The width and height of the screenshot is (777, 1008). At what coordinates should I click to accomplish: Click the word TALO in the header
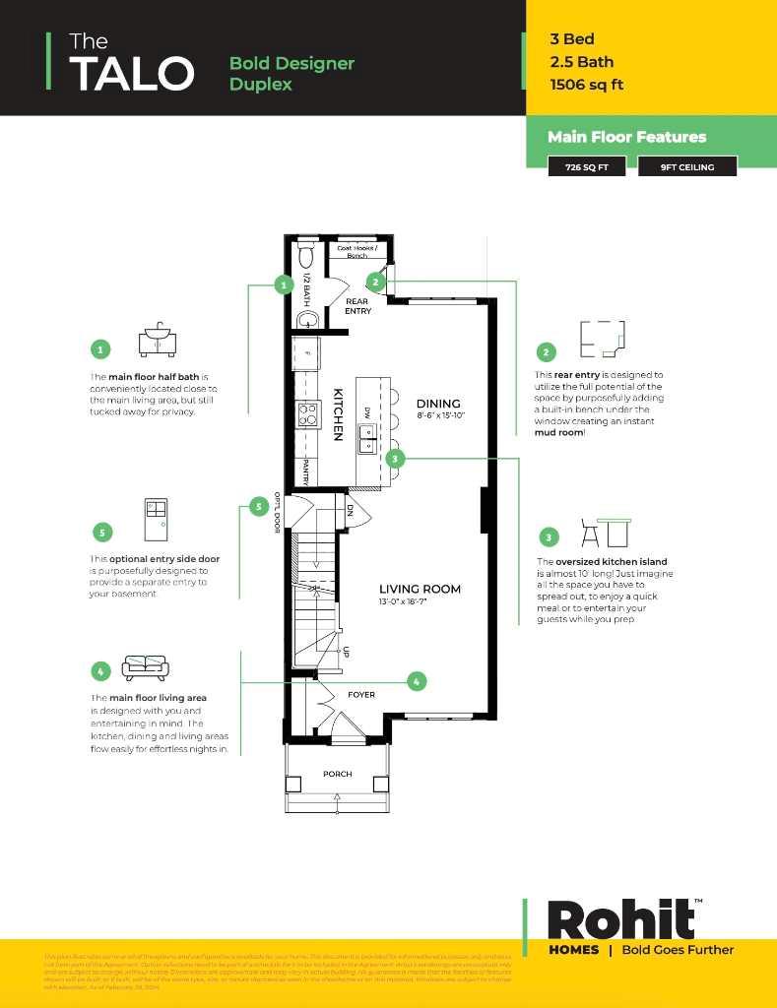point(132,74)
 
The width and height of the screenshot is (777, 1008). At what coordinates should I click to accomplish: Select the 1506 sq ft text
point(587,85)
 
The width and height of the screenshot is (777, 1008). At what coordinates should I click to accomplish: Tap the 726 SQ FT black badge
point(587,167)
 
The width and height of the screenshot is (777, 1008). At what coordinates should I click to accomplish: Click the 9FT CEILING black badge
point(700,167)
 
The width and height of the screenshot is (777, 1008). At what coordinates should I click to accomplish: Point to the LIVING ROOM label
point(420,590)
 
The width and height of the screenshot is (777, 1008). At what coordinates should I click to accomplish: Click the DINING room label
point(438,404)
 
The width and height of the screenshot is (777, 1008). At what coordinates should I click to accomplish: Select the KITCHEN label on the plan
point(337,413)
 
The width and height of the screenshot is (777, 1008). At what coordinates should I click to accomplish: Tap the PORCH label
point(338,775)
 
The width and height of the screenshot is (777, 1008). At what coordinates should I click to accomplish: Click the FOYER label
point(361,695)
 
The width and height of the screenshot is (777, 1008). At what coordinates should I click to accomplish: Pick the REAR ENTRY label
point(357,305)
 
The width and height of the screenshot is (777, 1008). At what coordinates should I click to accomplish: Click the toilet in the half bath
point(304,256)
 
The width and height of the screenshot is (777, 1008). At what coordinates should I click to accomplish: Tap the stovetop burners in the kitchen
point(308,413)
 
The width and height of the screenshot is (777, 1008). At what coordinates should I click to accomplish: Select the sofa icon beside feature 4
point(146,668)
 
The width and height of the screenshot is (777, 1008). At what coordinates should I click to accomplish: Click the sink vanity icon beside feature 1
point(157,339)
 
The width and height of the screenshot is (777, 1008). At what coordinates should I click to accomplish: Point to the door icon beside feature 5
point(156,519)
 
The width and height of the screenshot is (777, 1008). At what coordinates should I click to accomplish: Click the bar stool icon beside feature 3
point(591,534)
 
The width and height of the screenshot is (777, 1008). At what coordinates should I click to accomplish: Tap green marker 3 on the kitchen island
point(395,459)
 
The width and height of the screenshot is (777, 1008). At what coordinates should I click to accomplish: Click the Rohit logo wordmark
point(621,920)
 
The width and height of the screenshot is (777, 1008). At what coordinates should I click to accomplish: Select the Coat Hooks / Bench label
point(356,251)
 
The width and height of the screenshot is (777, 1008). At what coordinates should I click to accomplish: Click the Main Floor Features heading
point(626,137)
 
